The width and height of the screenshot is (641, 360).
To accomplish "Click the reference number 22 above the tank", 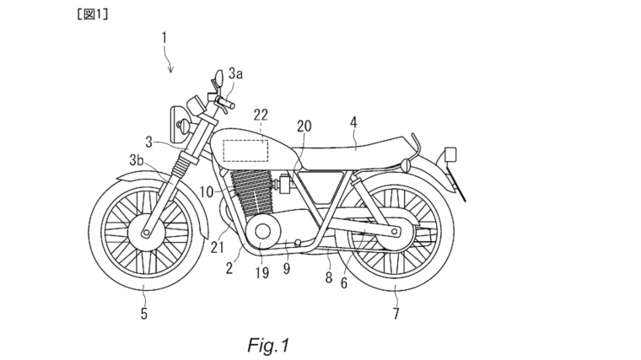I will coord(261,114).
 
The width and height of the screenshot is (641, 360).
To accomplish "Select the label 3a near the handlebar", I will coord(235,74).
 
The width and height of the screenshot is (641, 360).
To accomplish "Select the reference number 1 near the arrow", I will coord(164,37).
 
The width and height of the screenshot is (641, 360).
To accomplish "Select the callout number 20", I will coord(303,125).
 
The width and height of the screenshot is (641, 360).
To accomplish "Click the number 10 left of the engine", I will coord(207,192).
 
